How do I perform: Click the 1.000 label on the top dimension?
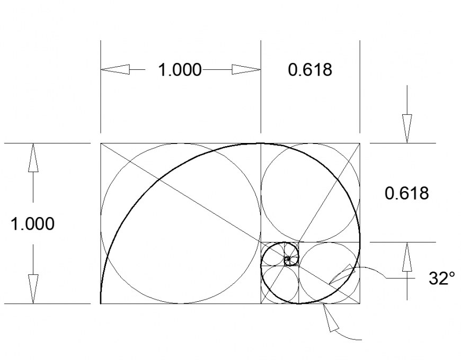coord(180,70)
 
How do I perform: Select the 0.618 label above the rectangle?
coord(310,70)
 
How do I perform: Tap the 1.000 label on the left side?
coord(33,224)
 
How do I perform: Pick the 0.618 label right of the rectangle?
coord(406,193)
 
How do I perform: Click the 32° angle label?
coord(441,279)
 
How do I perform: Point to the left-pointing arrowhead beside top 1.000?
coord(115,69)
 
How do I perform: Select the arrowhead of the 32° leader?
coord(339,274)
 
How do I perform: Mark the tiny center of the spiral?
coord(288,260)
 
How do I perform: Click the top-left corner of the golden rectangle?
coord(101,143)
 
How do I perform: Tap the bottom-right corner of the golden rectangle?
coord(360,304)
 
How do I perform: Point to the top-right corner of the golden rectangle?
coord(360,143)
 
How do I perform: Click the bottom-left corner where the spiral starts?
coord(101,304)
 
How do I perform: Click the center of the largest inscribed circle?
coord(181,223)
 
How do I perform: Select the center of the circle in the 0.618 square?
coord(311,193)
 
